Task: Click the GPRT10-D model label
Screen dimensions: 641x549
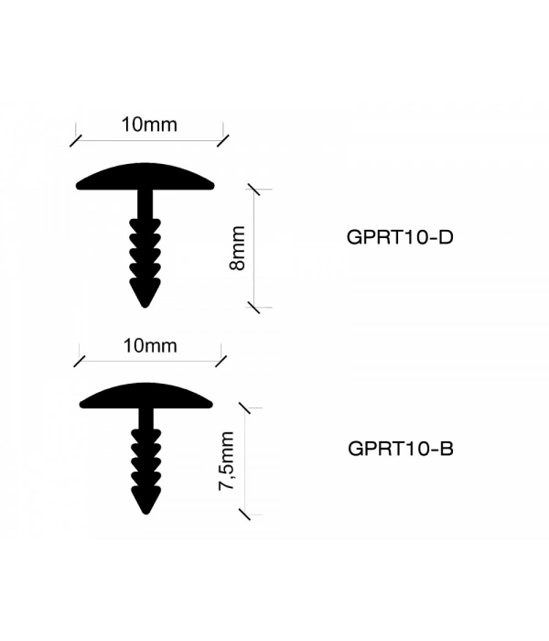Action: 401,236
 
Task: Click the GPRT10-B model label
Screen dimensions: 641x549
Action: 402,449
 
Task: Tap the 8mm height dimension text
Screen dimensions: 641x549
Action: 237,248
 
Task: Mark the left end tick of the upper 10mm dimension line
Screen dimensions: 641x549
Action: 75,140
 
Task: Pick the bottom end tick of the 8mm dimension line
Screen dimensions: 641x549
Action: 253,308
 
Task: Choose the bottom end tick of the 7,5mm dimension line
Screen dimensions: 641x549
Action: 242,515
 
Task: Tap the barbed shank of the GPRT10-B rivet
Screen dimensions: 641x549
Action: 144,458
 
